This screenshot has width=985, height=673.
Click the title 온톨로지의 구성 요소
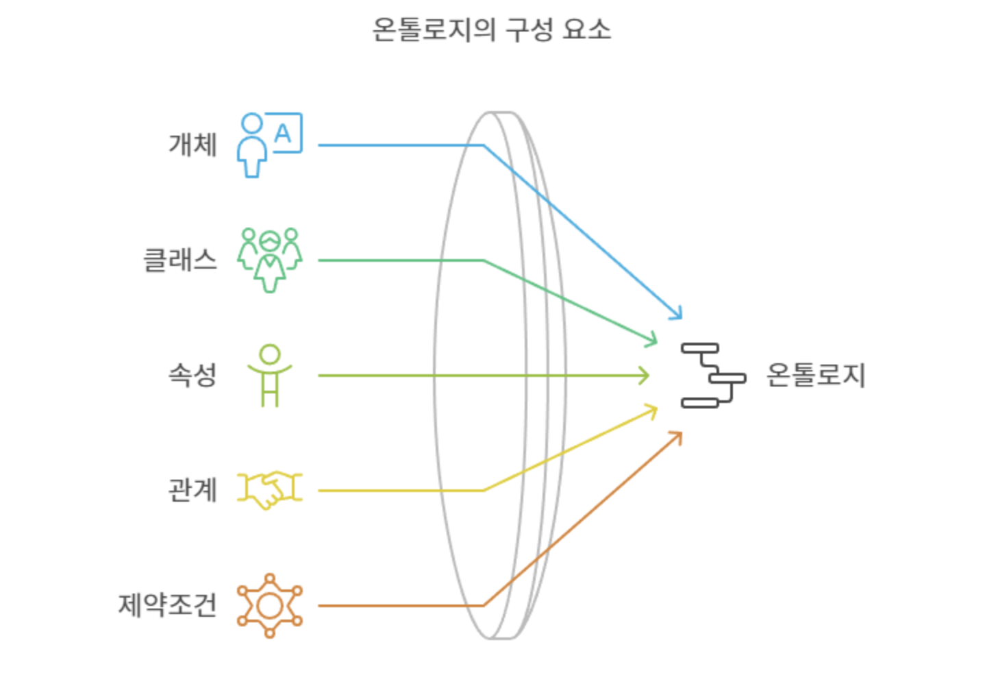click(491, 30)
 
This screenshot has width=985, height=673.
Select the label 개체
click(193, 145)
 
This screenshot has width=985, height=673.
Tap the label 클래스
click(180, 260)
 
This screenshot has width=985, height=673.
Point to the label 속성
click(193, 375)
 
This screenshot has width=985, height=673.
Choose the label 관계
click(193, 490)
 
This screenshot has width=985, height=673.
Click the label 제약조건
click(168, 605)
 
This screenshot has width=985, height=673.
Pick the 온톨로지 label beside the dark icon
click(815, 375)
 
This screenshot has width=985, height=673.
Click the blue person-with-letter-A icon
click(269, 145)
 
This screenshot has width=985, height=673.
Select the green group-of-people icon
click(269, 260)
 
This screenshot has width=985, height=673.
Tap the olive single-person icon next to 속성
click(270, 375)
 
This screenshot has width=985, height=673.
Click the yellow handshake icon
click(269, 490)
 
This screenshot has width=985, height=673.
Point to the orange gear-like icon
click(269, 605)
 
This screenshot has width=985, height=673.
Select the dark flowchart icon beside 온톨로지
click(712, 376)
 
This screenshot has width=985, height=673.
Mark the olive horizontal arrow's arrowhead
click(644, 376)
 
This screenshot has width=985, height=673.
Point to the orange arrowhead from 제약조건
click(677, 436)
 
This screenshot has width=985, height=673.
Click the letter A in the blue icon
click(283, 132)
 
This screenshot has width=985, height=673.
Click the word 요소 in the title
click(586, 30)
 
